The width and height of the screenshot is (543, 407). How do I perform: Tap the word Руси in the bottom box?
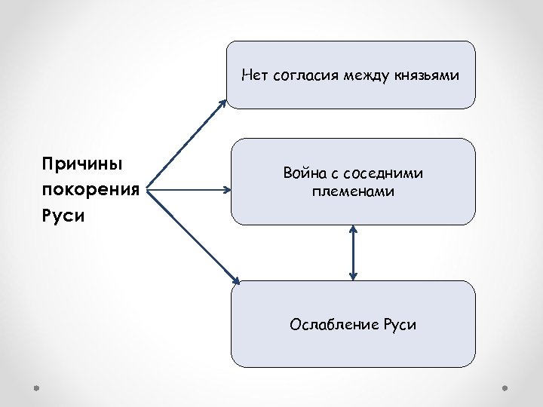[x=400, y=325]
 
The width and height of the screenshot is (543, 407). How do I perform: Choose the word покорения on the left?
[x=91, y=189]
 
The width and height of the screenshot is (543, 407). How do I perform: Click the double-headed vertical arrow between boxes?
[x=353, y=252]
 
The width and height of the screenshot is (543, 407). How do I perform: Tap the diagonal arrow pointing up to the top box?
[x=189, y=143]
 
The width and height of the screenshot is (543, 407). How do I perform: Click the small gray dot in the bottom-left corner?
[x=36, y=389]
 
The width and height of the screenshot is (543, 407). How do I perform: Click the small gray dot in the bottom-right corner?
[x=506, y=389]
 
